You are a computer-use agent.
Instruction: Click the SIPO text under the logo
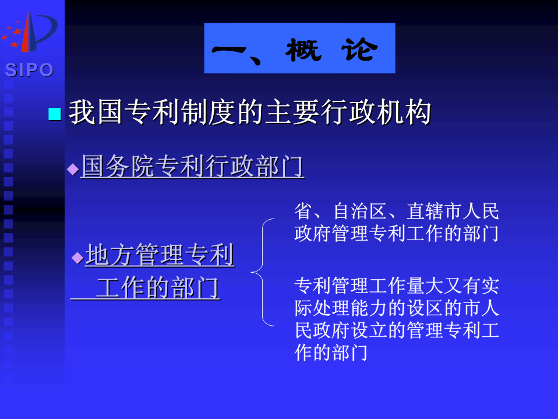click(29, 70)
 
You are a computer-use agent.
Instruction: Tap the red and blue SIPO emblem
click(30, 33)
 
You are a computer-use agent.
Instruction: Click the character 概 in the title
click(303, 50)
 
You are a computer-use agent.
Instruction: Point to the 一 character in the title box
click(229, 50)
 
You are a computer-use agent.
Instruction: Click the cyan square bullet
click(55, 114)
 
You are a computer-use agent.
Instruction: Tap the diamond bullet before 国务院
click(73, 169)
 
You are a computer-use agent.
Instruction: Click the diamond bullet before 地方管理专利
click(77, 258)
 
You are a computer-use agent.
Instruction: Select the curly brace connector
click(263, 272)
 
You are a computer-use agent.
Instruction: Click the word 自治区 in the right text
click(360, 211)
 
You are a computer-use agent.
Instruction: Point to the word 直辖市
click(434, 211)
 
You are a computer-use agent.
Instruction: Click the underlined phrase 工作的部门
click(158, 288)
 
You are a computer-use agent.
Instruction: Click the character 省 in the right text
click(303, 211)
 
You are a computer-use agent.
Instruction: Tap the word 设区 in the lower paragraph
click(425, 308)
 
